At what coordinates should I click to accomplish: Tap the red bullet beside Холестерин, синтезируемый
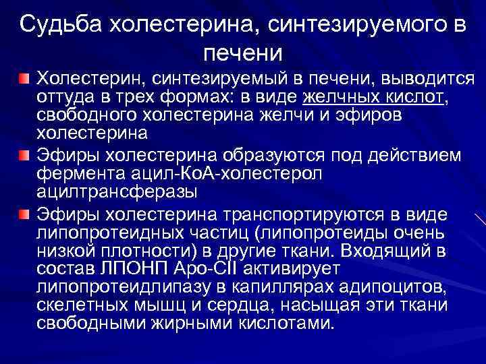tap(24, 80)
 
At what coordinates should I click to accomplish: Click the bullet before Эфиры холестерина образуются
tap(24, 156)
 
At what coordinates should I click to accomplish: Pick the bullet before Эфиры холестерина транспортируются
tap(24, 214)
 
